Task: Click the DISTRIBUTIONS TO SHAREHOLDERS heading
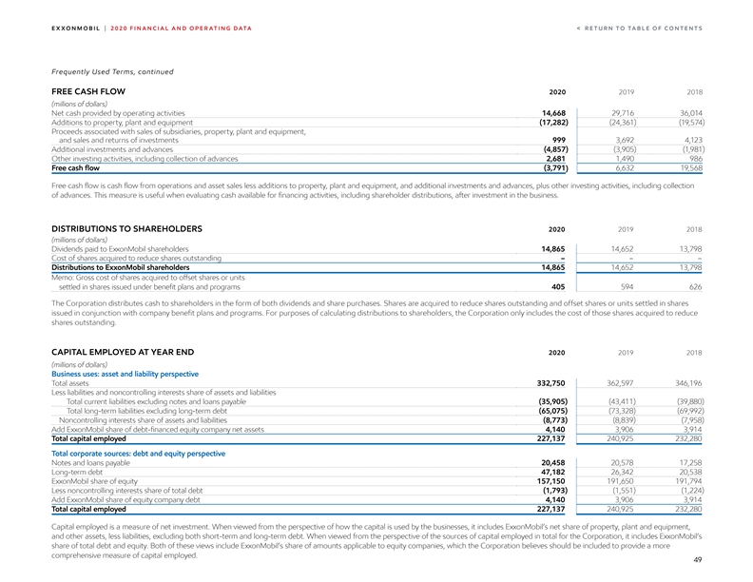pos(125,229)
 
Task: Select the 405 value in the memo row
pos(560,286)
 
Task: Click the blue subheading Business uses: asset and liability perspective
pos(139,374)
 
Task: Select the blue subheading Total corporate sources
pos(138,454)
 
